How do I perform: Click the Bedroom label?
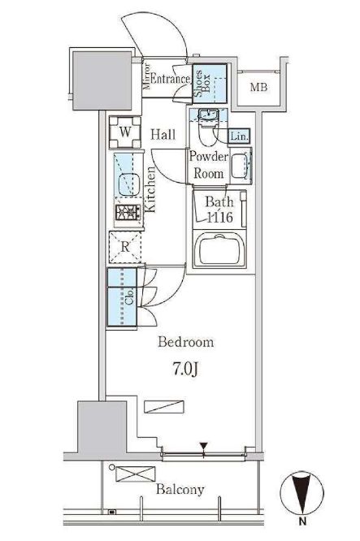pyautogui.click(x=186, y=342)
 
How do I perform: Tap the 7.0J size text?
pyautogui.click(x=185, y=369)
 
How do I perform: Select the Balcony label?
pyautogui.click(x=180, y=490)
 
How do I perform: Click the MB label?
pyautogui.click(x=258, y=87)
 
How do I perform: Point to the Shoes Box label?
pyautogui.click(x=202, y=83)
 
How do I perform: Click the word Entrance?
pyautogui.click(x=170, y=79)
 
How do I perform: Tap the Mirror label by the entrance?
pyautogui.click(x=147, y=76)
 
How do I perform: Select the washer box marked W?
pyautogui.click(x=125, y=132)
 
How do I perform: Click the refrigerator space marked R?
pyautogui.click(x=125, y=247)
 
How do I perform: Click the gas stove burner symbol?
pyautogui.click(x=128, y=212)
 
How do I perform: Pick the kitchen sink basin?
pyautogui.click(x=129, y=184)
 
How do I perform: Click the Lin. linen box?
pyautogui.click(x=239, y=136)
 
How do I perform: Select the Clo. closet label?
pyautogui.click(x=129, y=297)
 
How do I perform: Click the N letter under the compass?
pyautogui.click(x=302, y=522)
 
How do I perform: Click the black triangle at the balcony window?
pyautogui.click(x=204, y=445)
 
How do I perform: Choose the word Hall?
pyautogui.click(x=163, y=134)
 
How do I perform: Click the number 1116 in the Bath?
pyautogui.click(x=220, y=218)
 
